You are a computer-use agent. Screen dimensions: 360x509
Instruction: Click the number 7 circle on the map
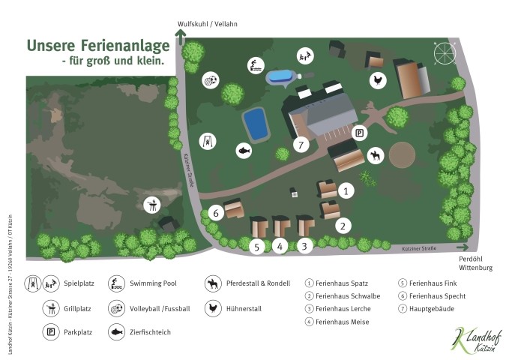coord(301,145)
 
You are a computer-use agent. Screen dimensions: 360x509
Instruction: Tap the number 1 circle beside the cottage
coord(346,191)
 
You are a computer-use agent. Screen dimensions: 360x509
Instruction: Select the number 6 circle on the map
coord(216,213)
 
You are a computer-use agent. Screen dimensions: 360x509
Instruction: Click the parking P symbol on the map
coord(361,133)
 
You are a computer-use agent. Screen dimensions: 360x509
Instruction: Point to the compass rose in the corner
coord(445,53)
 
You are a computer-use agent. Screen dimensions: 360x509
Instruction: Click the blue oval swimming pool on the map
coord(280,76)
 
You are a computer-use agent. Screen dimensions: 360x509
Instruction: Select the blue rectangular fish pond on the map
coord(255,124)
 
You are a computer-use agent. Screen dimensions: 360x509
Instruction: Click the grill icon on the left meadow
coord(151,203)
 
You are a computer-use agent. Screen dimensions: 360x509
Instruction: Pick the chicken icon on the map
coord(376,78)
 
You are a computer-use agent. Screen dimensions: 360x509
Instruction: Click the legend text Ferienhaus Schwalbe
coord(347,295)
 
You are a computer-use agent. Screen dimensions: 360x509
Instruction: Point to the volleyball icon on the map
coord(211,79)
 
